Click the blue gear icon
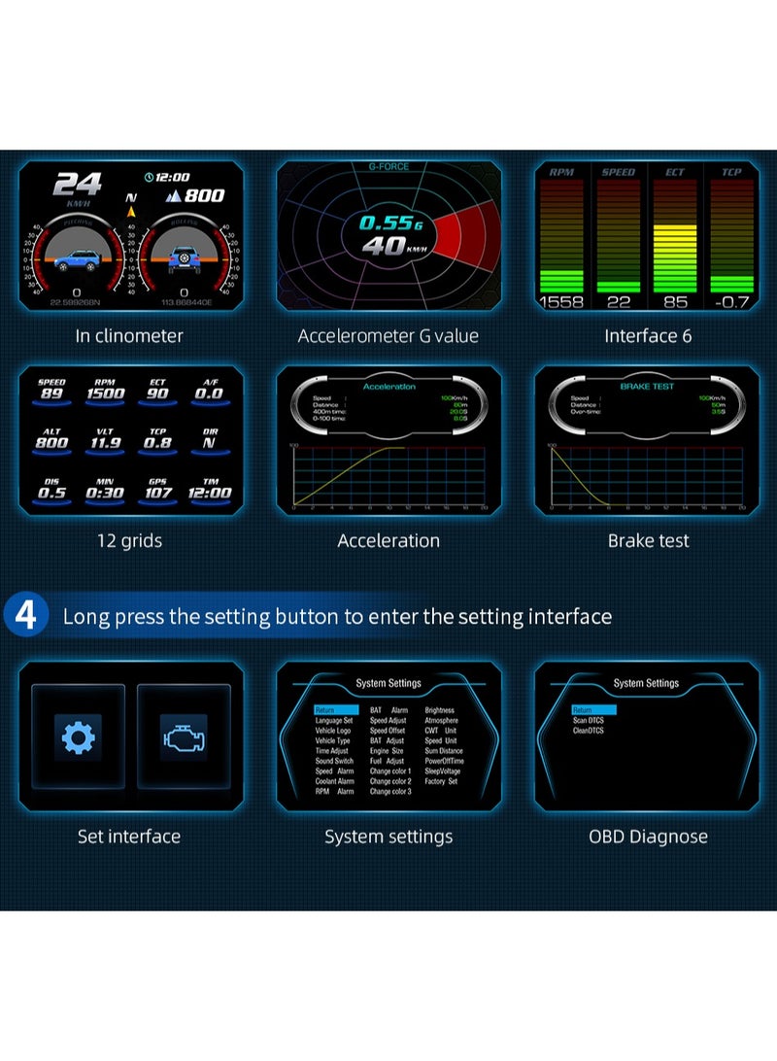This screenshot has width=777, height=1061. (78, 737)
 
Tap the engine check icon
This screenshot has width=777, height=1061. (184, 737)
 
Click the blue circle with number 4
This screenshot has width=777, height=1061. (26, 615)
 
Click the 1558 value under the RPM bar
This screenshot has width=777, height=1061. (561, 302)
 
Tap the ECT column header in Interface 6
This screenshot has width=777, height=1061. (675, 172)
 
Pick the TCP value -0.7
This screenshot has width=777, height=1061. (731, 302)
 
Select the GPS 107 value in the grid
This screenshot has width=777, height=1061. (157, 492)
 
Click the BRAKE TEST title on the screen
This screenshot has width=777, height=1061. (648, 386)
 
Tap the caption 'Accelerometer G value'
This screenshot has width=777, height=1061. (388, 336)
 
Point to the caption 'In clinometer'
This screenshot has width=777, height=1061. (129, 336)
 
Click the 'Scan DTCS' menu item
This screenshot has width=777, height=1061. (589, 720)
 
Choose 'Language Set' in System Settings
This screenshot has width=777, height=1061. (333, 720)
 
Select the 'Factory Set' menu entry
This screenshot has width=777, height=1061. (441, 781)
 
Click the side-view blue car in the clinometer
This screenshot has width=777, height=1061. (77, 260)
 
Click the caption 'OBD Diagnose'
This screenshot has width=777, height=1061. (648, 837)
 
